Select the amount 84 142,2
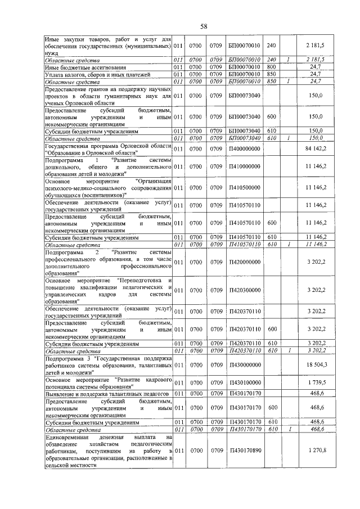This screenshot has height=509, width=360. point(316,148)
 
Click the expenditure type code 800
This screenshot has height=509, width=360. point(271,67)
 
